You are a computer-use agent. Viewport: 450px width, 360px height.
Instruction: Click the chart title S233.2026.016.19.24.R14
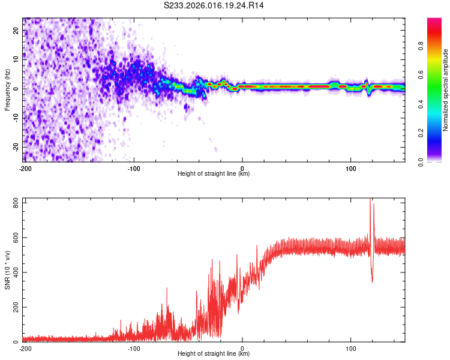[x=214, y=5]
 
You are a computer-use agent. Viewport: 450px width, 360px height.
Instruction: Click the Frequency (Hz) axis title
[x=7, y=90]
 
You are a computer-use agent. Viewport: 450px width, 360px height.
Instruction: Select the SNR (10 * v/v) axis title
[x=7, y=270]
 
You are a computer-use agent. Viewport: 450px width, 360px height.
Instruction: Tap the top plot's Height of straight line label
[x=214, y=174]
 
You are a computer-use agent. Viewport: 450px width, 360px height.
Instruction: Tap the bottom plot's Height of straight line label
[x=214, y=354]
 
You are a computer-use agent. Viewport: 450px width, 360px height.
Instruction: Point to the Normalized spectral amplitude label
[x=446, y=90]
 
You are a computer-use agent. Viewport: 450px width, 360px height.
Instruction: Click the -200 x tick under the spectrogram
[x=25, y=167]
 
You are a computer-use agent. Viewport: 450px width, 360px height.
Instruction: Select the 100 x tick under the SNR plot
[x=351, y=347]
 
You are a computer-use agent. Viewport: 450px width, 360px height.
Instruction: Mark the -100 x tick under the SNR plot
[x=133, y=347]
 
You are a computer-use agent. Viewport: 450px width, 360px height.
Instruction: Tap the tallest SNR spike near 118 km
[x=370, y=200]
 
